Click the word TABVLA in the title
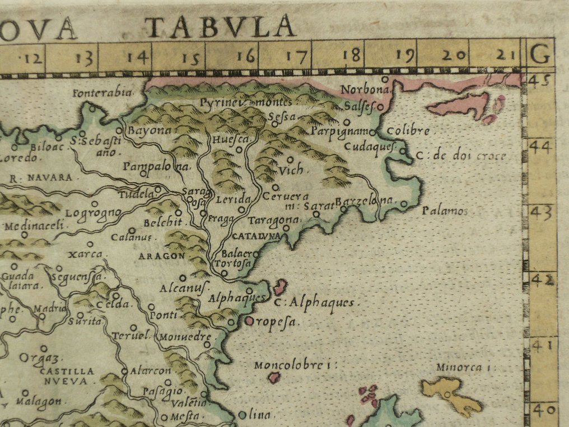point(220,26)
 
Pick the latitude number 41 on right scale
point(541,345)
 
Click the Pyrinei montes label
point(245,103)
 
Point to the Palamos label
point(445,211)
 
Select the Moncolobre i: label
point(290,365)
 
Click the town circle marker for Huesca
point(239,150)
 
